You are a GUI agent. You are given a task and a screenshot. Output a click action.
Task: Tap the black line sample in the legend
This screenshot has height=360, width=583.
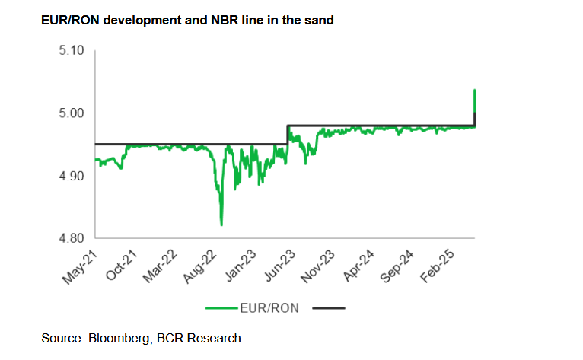327,308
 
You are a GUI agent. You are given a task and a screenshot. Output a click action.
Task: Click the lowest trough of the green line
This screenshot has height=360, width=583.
221,225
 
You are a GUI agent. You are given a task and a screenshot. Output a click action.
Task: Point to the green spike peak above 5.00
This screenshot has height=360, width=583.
475,90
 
